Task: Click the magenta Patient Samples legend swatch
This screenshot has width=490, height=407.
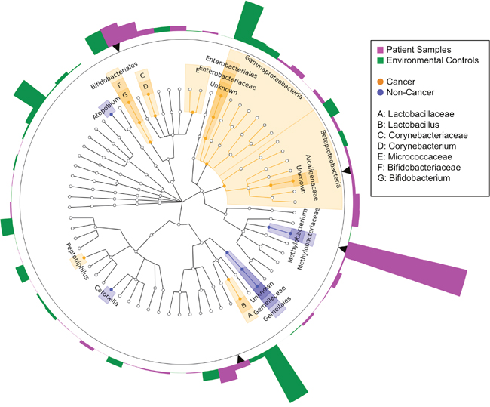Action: pyautogui.click(x=376, y=49)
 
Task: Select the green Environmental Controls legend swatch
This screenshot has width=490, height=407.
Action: pyautogui.click(x=376, y=60)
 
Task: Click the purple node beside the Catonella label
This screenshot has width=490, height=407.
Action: pyautogui.click(x=111, y=290)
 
